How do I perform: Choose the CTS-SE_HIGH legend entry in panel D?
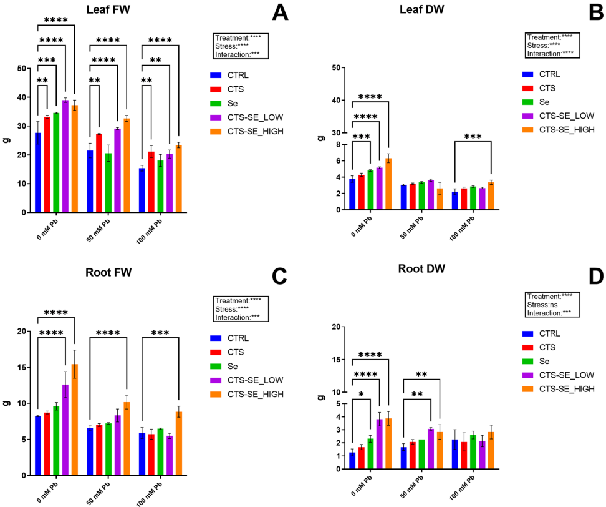point(557,389)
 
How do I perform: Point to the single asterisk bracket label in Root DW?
point(362,395)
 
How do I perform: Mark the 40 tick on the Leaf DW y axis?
point(338,100)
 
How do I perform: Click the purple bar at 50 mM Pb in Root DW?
point(430,448)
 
